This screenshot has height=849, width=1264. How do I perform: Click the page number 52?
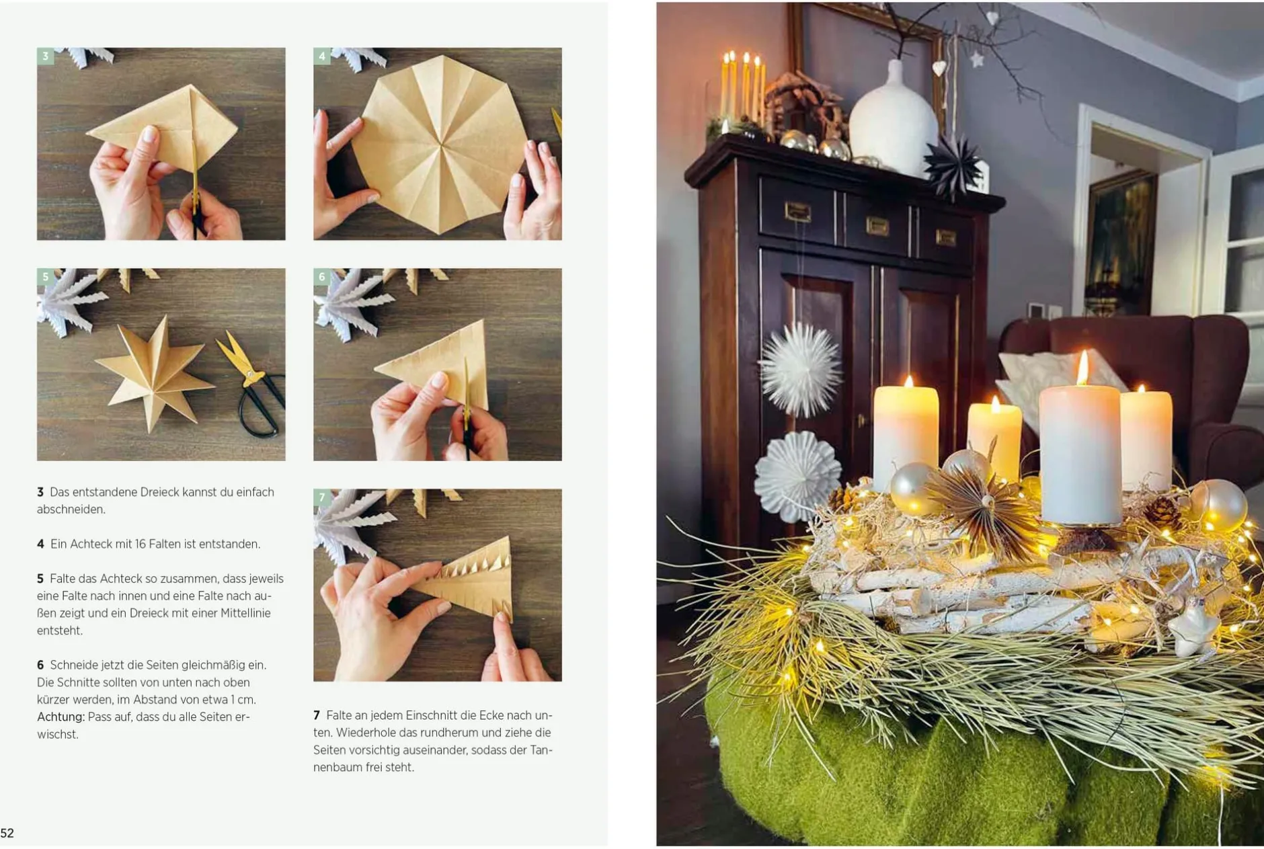tap(7, 833)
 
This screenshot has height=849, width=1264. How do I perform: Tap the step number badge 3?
tap(45, 56)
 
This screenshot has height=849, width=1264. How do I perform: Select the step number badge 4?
tap(321, 56)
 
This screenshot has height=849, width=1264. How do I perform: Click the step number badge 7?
tap(321, 497)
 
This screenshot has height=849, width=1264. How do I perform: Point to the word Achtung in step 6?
tap(61, 717)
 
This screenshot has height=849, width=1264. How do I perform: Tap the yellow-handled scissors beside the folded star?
tap(251, 382)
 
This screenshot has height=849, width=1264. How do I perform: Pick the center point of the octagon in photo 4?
tap(441, 143)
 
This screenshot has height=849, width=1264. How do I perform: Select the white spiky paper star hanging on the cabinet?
tap(799, 369)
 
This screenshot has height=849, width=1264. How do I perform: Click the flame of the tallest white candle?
tap(1082, 367)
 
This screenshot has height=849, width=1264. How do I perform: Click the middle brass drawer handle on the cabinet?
tap(877, 226)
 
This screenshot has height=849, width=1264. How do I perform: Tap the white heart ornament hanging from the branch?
tap(939, 68)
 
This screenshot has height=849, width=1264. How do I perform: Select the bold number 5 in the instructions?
tap(40, 579)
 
